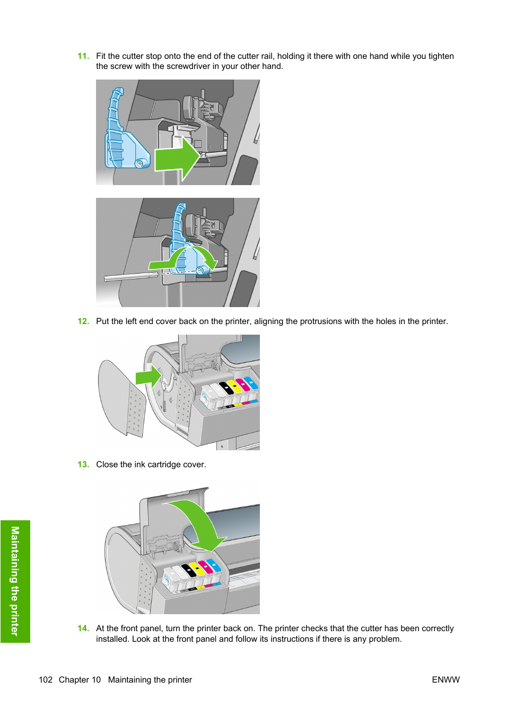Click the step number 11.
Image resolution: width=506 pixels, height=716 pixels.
tap(83, 56)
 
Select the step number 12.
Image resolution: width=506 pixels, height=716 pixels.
tap(83, 321)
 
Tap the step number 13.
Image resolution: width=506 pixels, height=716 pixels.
tap(83, 465)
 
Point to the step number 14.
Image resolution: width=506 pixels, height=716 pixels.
tap(83, 628)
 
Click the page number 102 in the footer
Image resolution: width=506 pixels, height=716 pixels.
tap(46, 680)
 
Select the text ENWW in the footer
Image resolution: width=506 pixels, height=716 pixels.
tap(446, 680)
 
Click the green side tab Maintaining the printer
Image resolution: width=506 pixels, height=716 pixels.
tap(15, 581)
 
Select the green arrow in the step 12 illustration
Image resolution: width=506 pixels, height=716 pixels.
tap(148, 377)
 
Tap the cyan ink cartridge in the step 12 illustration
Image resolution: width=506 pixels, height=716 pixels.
tap(251, 385)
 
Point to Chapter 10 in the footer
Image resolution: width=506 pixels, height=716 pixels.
tap(80, 680)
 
